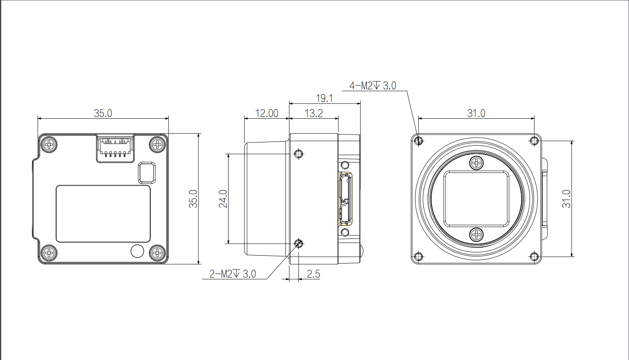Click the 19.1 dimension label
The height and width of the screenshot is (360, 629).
(324, 99)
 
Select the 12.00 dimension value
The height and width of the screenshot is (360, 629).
(266, 113)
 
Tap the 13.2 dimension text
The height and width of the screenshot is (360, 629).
(314, 113)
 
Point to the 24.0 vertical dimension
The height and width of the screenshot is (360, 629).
(223, 199)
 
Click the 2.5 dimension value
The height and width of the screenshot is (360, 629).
(314, 274)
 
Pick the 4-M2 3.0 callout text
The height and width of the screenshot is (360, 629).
(373, 86)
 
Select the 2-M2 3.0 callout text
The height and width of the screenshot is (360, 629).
(232, 274)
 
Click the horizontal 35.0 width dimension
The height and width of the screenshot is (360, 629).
(103, 113)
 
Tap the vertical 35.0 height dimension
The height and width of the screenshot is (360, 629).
(193, 199)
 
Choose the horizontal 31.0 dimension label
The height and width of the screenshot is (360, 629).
(476, 113)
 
